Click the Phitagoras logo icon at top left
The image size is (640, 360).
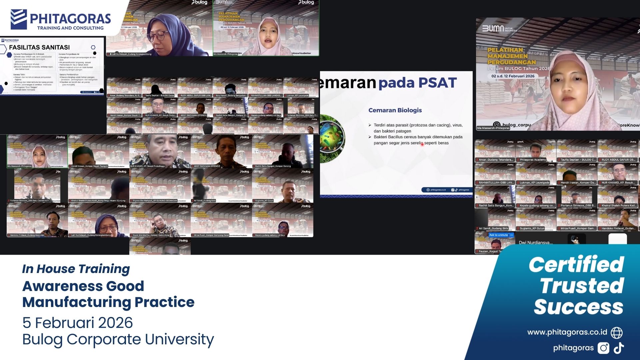[x=19, y=19]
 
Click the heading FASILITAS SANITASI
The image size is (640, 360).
[x=39, y=47]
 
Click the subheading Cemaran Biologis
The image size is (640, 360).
[x=395, y=110]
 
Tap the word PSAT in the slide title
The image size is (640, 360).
[x=437, y=83]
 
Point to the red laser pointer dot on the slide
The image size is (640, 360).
[x=422, y=144]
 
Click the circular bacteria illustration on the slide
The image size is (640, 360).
[x=332, y=139]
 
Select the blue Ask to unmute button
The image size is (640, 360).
[x=498, y=235]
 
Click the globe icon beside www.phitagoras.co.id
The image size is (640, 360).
[x=616, y=333]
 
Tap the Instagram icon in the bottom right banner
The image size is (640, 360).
[x=603, y=348]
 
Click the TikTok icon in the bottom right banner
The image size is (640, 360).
[x=619, y=348]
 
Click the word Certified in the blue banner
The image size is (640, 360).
[x=576, y=265]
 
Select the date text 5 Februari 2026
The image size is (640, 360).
[x=77, y=323]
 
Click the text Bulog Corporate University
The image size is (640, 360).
[x=118, y=339]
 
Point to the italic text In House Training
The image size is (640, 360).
[x=76, y=269]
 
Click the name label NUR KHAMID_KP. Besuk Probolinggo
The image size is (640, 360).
[x=148, y=166]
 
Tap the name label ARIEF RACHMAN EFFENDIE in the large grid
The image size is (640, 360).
[x=207, y=166]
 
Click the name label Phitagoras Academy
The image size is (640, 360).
[x=533, y=160]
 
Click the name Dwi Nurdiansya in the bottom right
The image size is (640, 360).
[x=535, y=243]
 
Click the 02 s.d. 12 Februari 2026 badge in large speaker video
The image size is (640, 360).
[x=513, y=76]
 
